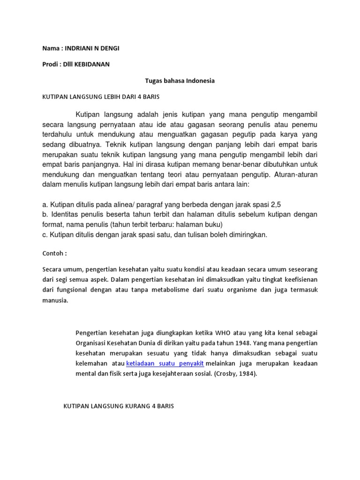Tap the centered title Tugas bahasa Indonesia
pos(180,81)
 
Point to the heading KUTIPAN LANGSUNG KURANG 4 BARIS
pos(119,406)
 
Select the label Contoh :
pos(55,254)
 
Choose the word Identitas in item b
pos(63,214)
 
